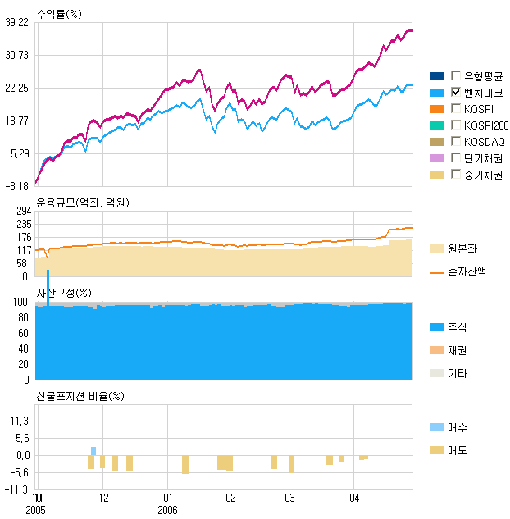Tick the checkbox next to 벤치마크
coord(456,92)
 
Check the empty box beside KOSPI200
coord(456,125)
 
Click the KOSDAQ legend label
coord(484,142)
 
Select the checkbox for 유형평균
coord(456,75)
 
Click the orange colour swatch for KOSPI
coord(437,109)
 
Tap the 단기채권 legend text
coord(483,158)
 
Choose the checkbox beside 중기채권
coord(456,175)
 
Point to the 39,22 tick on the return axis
coord(17,23)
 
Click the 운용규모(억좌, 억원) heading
coord(83,202)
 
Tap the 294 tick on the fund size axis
coord(22,212)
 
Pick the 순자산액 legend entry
coord(466,271)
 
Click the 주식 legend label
coord(457,327)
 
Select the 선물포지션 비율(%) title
coord(80,396)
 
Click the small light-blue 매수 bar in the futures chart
coord(93,451)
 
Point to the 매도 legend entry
coord(457,450)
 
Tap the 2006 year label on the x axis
coord(168,509)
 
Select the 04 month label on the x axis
coord(353,498)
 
